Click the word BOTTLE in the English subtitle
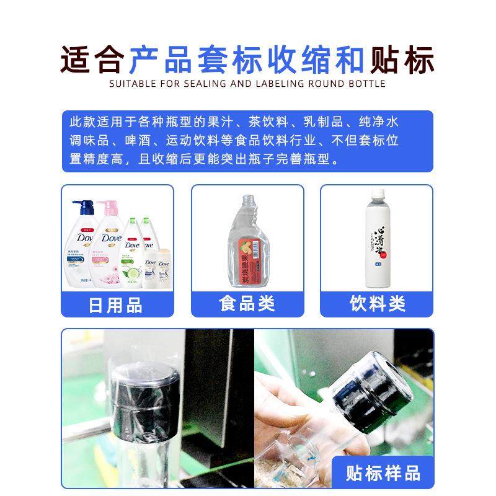click(365, 84)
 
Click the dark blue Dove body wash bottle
click(84, 248)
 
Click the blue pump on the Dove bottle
click(81, 205)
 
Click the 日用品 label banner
click(117, 305)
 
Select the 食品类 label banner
click(247, 304)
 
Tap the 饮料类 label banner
click(377, 304)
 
